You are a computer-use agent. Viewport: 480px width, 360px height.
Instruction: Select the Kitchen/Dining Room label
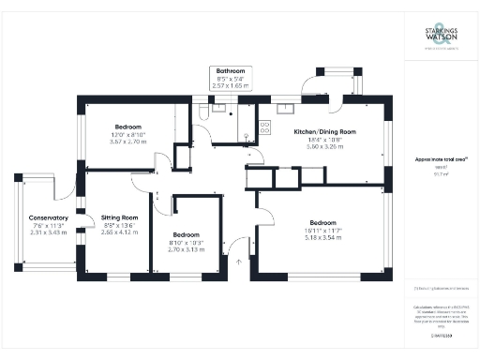tap(324, 132)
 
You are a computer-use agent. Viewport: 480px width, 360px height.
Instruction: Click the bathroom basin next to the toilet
tap(221, 107)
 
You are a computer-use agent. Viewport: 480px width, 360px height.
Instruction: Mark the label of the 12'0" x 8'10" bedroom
tap(128, 127)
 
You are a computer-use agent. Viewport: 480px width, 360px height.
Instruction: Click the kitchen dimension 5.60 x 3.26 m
tap(324, 147)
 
